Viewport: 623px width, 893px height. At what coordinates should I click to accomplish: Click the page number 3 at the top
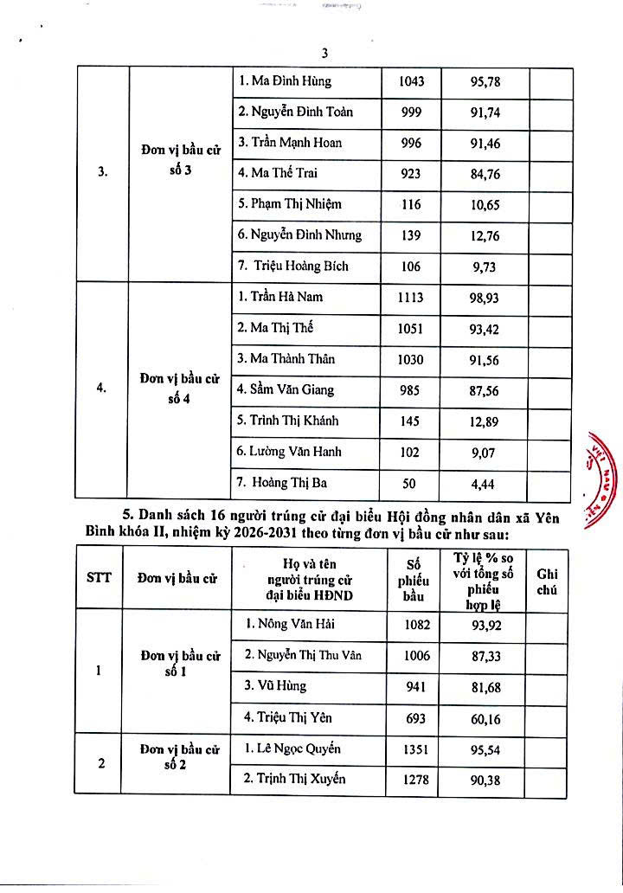pyautogui.click(x=324, y=53)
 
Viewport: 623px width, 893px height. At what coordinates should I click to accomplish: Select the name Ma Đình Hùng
pyautogui.click(x=285, y=81)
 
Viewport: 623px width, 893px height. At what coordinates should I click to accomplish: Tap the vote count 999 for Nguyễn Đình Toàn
pyautogui.click(x=411, y=112)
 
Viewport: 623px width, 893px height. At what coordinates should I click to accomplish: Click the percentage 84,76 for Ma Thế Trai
pyautogui.click(x=485, y=173)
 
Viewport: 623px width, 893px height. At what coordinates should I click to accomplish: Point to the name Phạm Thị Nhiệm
pyautogui.click(x=290, y=204)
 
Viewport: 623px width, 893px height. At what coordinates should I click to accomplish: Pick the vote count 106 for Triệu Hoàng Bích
pyautogui.click(x=411, y=267)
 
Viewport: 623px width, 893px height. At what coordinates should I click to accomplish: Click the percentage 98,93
pyautogui.click(x=485, y=298)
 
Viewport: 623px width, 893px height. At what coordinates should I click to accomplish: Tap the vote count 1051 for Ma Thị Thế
pyautogui.click(x=411, y=328)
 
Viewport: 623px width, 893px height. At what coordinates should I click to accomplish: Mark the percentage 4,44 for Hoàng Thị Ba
pyautogui.click(x=485, y=484)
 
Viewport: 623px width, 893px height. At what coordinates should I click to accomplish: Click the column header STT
pyautogui.click(x=99, y=579)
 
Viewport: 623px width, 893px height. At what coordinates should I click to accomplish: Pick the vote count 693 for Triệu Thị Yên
pyautogui.click(x=416, y=717)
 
